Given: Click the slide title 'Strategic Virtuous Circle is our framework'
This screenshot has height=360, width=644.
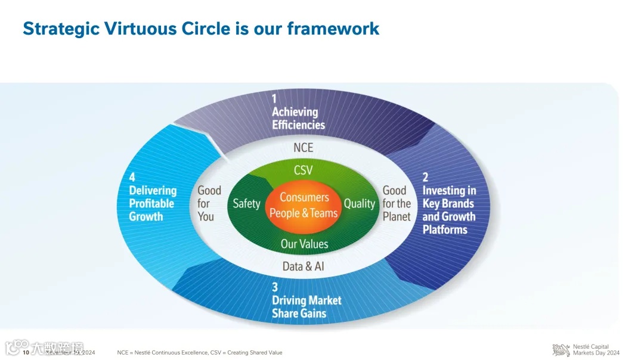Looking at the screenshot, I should click(x=200, y=28).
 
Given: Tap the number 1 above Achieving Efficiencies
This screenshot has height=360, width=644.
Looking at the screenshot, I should click(x=275, y=98).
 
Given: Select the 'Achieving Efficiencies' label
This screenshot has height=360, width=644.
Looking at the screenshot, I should click(x=298, y=118).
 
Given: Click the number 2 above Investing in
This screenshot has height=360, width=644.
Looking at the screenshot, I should click(x=426, y=177).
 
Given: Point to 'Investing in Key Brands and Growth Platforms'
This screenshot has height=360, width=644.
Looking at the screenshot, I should click(x=449, y=210).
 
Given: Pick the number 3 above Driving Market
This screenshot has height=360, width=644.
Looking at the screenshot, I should click(x=275, y=287).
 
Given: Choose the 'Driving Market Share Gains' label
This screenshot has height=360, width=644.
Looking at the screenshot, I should click(x=306, y=307).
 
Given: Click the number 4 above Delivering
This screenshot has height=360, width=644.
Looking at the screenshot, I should click(x=132, y=177).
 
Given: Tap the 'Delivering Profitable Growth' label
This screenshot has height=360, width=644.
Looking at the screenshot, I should click(x=153, y=203).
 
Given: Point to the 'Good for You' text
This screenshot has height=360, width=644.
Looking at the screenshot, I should click(x=209, y=203).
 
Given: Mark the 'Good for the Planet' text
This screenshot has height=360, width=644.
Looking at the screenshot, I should click(x=397, y=203).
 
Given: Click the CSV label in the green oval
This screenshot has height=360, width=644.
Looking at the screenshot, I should click(x=303, y=170).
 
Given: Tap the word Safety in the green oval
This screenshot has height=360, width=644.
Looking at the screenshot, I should click(x=246, y=203).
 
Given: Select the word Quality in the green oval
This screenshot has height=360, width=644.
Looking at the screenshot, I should click(x=359, y=203).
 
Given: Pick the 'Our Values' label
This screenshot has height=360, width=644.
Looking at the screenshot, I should click(x=304, y=243).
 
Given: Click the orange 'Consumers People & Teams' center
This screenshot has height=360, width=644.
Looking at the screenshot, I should click(x=304, y=205).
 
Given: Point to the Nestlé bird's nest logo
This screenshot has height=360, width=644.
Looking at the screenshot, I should click(x=561, y=350).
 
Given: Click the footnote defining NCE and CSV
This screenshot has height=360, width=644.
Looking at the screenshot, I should click(x=200, y=353).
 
